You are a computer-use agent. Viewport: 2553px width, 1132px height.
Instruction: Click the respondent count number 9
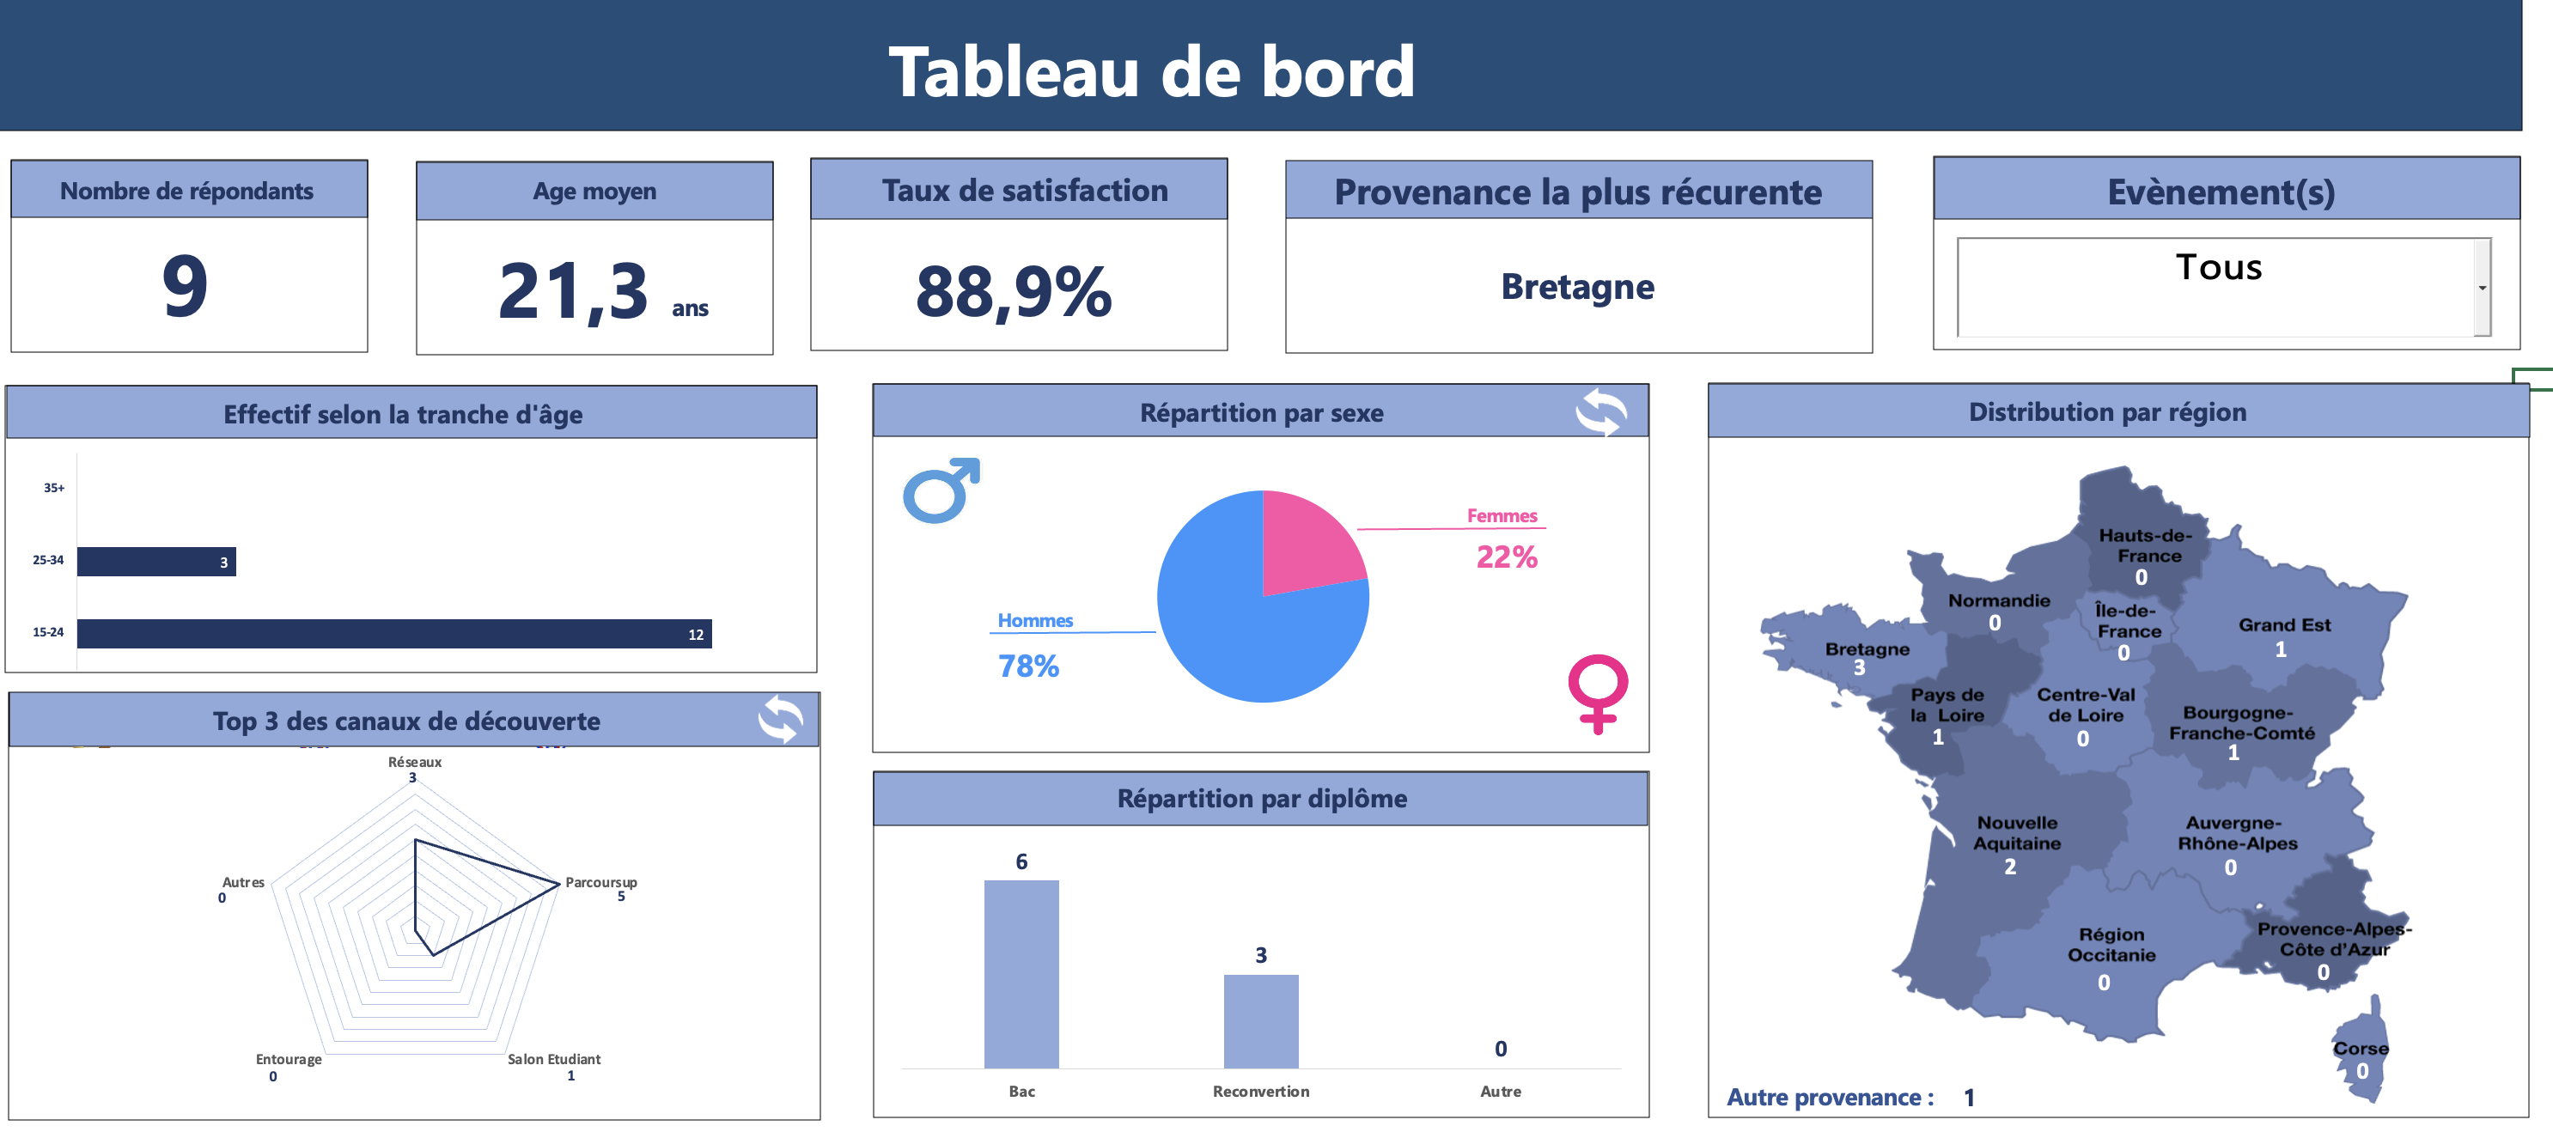(x=186, y=287)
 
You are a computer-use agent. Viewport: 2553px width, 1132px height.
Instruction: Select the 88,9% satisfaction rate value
(x=1013, y=292)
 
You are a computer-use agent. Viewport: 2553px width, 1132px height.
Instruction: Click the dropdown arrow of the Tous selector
(x=2482, y=289)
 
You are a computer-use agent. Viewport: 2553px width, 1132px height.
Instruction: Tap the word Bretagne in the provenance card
(x=1577, y=288)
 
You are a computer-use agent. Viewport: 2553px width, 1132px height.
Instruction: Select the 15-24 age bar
(x=393, y=633)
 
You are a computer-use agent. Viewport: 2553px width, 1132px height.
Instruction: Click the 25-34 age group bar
(x=155, y=562)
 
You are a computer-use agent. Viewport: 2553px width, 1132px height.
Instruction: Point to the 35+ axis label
(x=53, y=488)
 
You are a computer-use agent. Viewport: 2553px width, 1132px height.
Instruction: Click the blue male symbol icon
(x=940, y=490)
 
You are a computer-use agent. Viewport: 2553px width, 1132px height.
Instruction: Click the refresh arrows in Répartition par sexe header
(x=1600, y=412)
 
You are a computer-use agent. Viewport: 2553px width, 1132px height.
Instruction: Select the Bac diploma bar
(x=1021, y=973)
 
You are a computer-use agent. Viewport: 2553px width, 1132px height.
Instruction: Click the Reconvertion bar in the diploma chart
(x=1261, y=1021)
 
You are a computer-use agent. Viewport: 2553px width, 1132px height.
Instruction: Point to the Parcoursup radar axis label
(x=600, y=882)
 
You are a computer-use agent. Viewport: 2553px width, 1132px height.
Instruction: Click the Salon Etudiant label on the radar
(x=553, y=1059)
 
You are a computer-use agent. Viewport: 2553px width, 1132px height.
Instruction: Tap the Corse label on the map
(x=2360, y=1048)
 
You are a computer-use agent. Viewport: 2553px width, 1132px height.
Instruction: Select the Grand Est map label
(x=2283, y=625)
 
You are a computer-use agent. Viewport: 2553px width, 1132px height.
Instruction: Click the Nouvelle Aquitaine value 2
(x=2009, y=867)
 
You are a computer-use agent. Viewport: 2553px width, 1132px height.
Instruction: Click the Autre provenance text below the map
(x=1829, y=1098)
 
